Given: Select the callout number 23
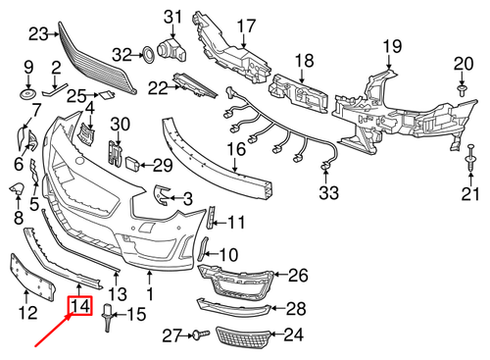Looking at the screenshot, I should click(38, 34).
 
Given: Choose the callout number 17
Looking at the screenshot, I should click(244, 26).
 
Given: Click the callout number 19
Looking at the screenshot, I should click(392, 46).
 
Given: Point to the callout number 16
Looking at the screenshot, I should click(236, 150).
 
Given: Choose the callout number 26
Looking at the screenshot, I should click(298, 277).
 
